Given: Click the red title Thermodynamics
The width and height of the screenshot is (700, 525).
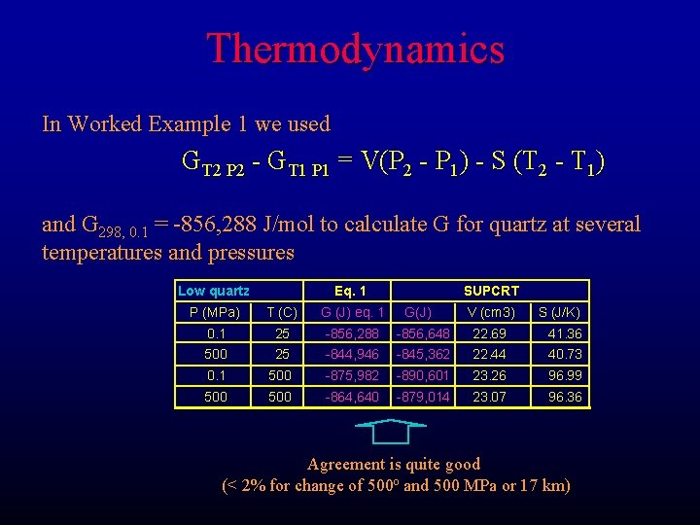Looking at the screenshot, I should pyautogui.click(x=355, y=49).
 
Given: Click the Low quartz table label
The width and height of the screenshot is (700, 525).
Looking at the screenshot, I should pyautogui.click(x=214, y=291).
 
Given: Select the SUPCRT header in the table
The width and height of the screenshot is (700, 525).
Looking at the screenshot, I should pyautogui.click(x=491, y=291).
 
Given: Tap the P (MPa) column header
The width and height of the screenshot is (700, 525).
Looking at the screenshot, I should pyautogui.click(x=215, y=312).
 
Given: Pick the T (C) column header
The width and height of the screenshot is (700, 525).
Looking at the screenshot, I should pyautogui.click(x=282, y=312).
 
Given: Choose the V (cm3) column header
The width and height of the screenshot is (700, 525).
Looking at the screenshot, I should pyautogui.click(x=491, y=312).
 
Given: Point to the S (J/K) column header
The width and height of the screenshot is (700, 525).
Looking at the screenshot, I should pyautogui.click(x=560, y=312).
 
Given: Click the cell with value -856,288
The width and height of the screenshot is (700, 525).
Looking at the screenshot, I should pyautogui.click(x=352, y=333).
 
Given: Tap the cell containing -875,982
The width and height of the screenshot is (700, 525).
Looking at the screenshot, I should pyautogui.click(x=352, y=375).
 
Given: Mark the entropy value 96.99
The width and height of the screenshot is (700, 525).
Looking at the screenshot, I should pyautogui.click(x=565, y=375).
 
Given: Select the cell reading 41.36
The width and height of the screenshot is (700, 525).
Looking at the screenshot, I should pyautogui.click(x=565, y=333).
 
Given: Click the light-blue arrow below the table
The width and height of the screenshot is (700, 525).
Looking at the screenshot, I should pyautogui.click(x=387, y=431).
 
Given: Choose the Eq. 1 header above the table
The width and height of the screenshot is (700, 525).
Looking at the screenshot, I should pyautogui.click(x=350, y=291).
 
